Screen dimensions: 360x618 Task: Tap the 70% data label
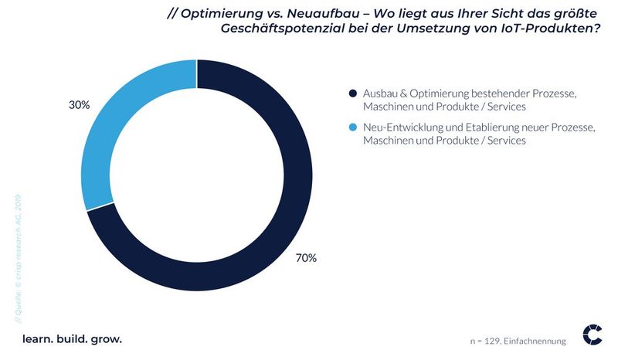click(x=306, y=258)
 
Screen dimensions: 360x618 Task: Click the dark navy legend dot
click(x=353, y=93)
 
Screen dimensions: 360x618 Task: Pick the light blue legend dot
click(x=353, y=128)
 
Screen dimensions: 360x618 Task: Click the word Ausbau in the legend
click(x=379, y=93)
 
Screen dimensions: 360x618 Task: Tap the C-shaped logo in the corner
click(x=593, y=334)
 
